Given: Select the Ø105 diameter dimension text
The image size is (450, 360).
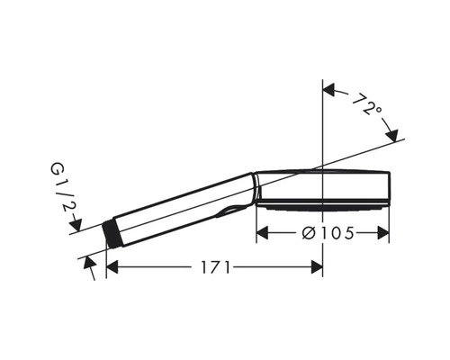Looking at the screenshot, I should [x=322, y=232].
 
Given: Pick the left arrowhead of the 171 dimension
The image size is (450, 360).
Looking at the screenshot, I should [x=112, y=267].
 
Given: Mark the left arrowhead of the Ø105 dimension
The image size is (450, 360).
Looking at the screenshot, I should [x=263, y=232].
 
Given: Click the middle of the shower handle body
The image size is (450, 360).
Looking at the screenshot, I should [x=180, y=210].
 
